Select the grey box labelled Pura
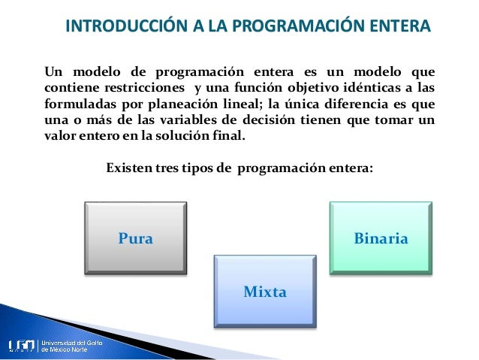tap(136, 237)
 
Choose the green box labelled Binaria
tap(381, 237)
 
